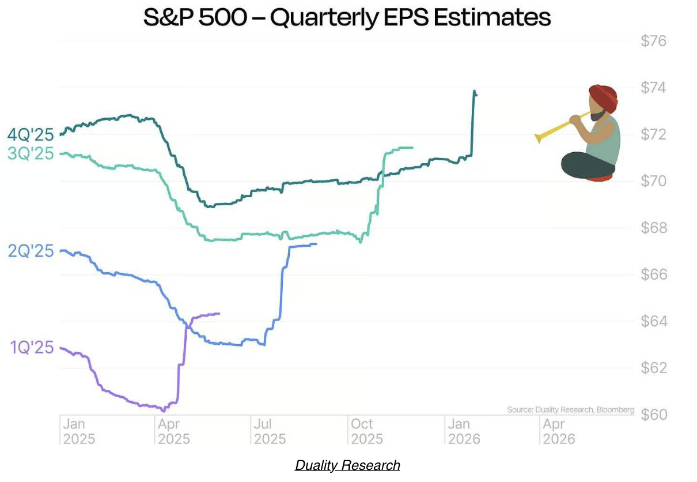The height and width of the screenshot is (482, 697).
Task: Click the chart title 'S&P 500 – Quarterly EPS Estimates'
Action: click(x=347, y=17)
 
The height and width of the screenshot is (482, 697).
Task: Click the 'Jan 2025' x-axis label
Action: click(x=79, y=431)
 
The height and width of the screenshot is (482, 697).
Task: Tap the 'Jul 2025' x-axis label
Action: click(x=270, y=431)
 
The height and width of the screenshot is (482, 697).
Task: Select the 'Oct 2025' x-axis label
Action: click(x=366, y=431)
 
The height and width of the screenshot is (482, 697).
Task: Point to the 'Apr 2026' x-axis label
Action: click(x=559, y=431)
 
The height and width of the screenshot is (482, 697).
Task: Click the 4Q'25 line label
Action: click(x=30, y=135)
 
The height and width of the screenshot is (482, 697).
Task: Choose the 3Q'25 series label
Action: click(x=30, y=154)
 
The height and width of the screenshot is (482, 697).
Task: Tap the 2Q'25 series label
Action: click(x=30, y=251)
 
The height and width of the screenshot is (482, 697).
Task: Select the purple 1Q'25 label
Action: click(x=32, y=348)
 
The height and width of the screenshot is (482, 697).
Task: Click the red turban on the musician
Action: click(x=603, y=97)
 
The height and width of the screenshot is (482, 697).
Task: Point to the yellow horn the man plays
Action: click(x=556, y=128)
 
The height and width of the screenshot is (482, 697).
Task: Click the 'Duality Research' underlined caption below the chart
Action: click(x=347, y=465)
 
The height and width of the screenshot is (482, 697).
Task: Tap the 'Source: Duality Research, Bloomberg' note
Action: click(x=570, y=410)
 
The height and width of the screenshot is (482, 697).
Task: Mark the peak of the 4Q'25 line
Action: click(x=474, y=91)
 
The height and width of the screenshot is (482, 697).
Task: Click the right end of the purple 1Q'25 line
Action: click(x=219, y=314)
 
